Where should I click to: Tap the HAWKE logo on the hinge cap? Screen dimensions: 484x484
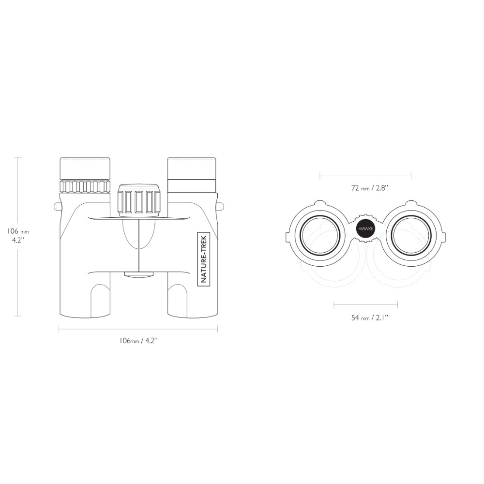(366, 229)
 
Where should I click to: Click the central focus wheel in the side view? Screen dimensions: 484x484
(139, 200)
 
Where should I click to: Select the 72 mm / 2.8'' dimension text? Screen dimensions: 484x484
(369, 188)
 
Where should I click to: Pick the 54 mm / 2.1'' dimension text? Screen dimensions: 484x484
(369, 318)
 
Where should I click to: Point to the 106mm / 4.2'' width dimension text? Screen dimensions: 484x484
(138, 340)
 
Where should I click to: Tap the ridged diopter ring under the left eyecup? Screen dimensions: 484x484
(85, 186)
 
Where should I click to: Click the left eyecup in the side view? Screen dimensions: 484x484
(85, 168)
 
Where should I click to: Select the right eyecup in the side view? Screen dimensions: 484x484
(192, 168)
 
